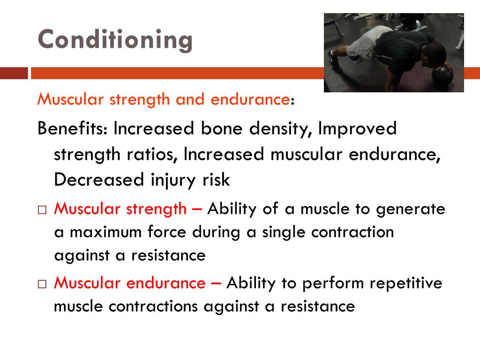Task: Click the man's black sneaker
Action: pyautogui.click(x=333, y=59)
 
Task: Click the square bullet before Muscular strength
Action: pyautogui.click(x=42, y=210)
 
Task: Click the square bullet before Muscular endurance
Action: pyautogui.click(x=42, y=284)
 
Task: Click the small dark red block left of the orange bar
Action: pyautogui.click(x=14, y=74)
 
